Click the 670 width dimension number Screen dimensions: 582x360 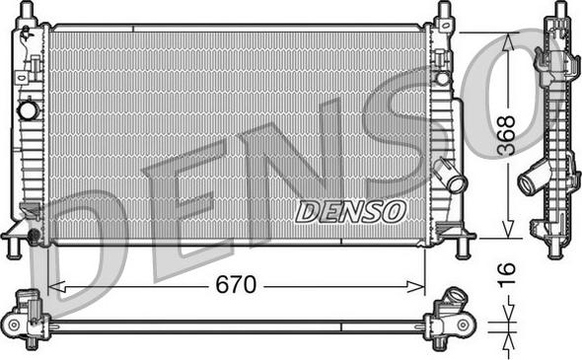click(x=236, y=285)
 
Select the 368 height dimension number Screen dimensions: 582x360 click(x=507, y=135)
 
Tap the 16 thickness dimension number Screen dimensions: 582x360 click(x=507, y=273)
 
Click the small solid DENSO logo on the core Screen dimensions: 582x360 click(x=350, y=211)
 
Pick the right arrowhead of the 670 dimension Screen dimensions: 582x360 click(x=415, y=286)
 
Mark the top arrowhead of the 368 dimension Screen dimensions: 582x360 click(x=508, y=42)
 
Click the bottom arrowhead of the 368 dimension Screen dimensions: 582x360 click(x=508, y=229)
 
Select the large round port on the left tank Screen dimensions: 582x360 click(x=29, y=110)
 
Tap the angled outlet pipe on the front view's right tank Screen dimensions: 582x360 click(x=451, y=176)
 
